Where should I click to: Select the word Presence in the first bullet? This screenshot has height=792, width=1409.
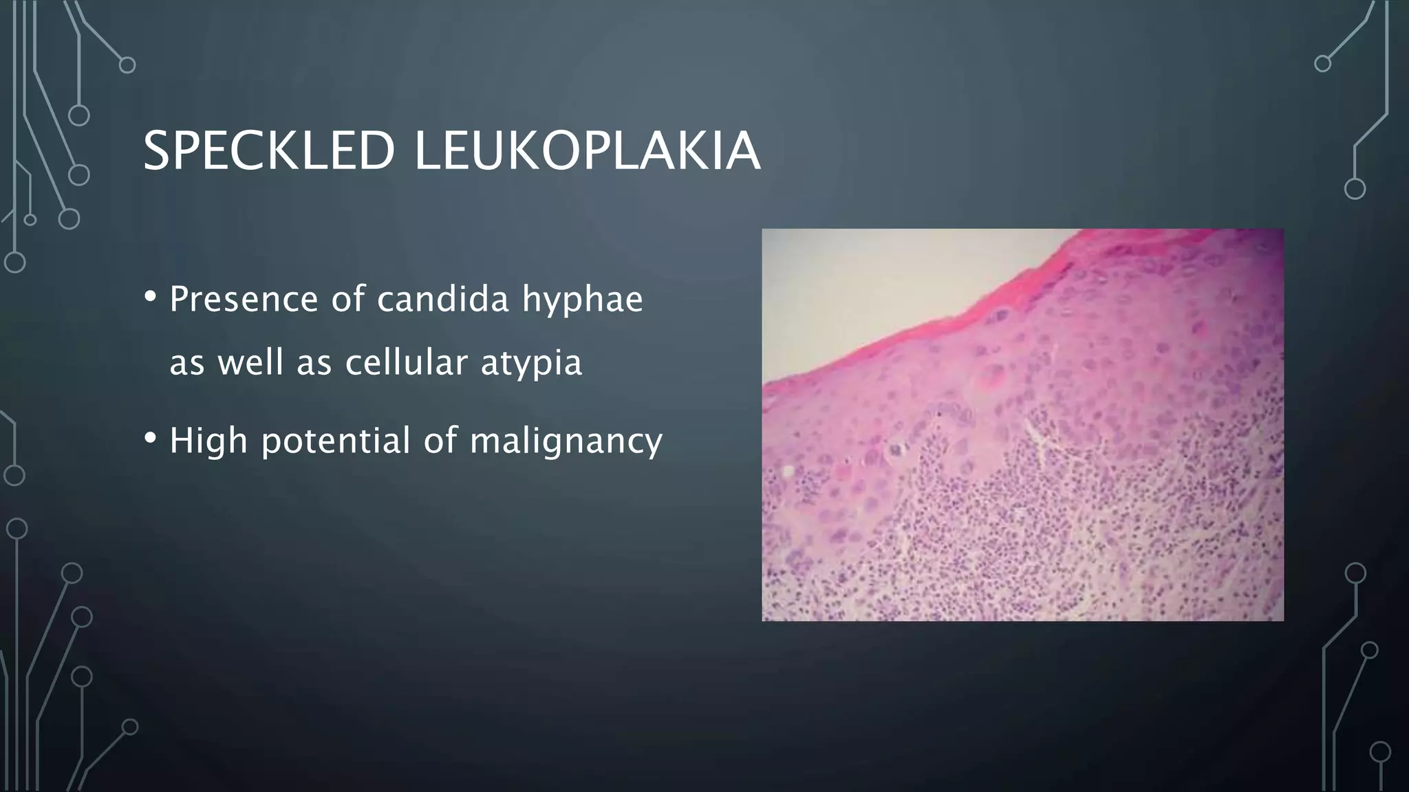[244, 299]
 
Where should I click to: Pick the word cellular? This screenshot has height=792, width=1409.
[406, 362]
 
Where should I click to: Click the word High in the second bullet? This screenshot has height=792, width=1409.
[208, 440]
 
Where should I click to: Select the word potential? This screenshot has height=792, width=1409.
[336, 441]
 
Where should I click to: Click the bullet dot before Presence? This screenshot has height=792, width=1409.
[151, 298]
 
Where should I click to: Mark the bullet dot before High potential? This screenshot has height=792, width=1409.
[151, 439]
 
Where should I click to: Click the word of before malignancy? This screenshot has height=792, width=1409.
[440, 440]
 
